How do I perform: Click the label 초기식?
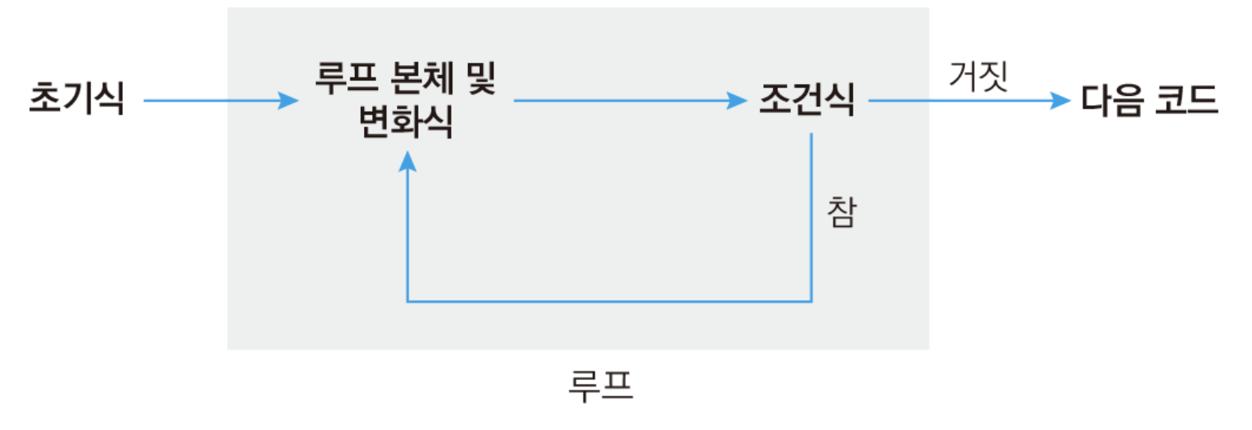pos(76,98)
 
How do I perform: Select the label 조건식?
pos(806,99)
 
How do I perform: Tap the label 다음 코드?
pos(1149,100)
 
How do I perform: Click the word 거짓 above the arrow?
pos(978,76)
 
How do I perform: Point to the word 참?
pos(842,212)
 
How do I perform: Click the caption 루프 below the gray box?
pos(601,387)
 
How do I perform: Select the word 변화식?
pos(406,121)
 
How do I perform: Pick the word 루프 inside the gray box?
pos(346,77)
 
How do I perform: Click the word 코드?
pos(1187,100)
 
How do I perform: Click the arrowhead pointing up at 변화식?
pos(407,160)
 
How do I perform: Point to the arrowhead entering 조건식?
pos(738,100)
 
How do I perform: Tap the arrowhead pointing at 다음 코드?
pos(1061,100)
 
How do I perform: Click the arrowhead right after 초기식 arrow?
pos(289,100)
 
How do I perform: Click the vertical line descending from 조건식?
pos(812,217)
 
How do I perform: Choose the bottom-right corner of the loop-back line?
pos(812,302)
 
